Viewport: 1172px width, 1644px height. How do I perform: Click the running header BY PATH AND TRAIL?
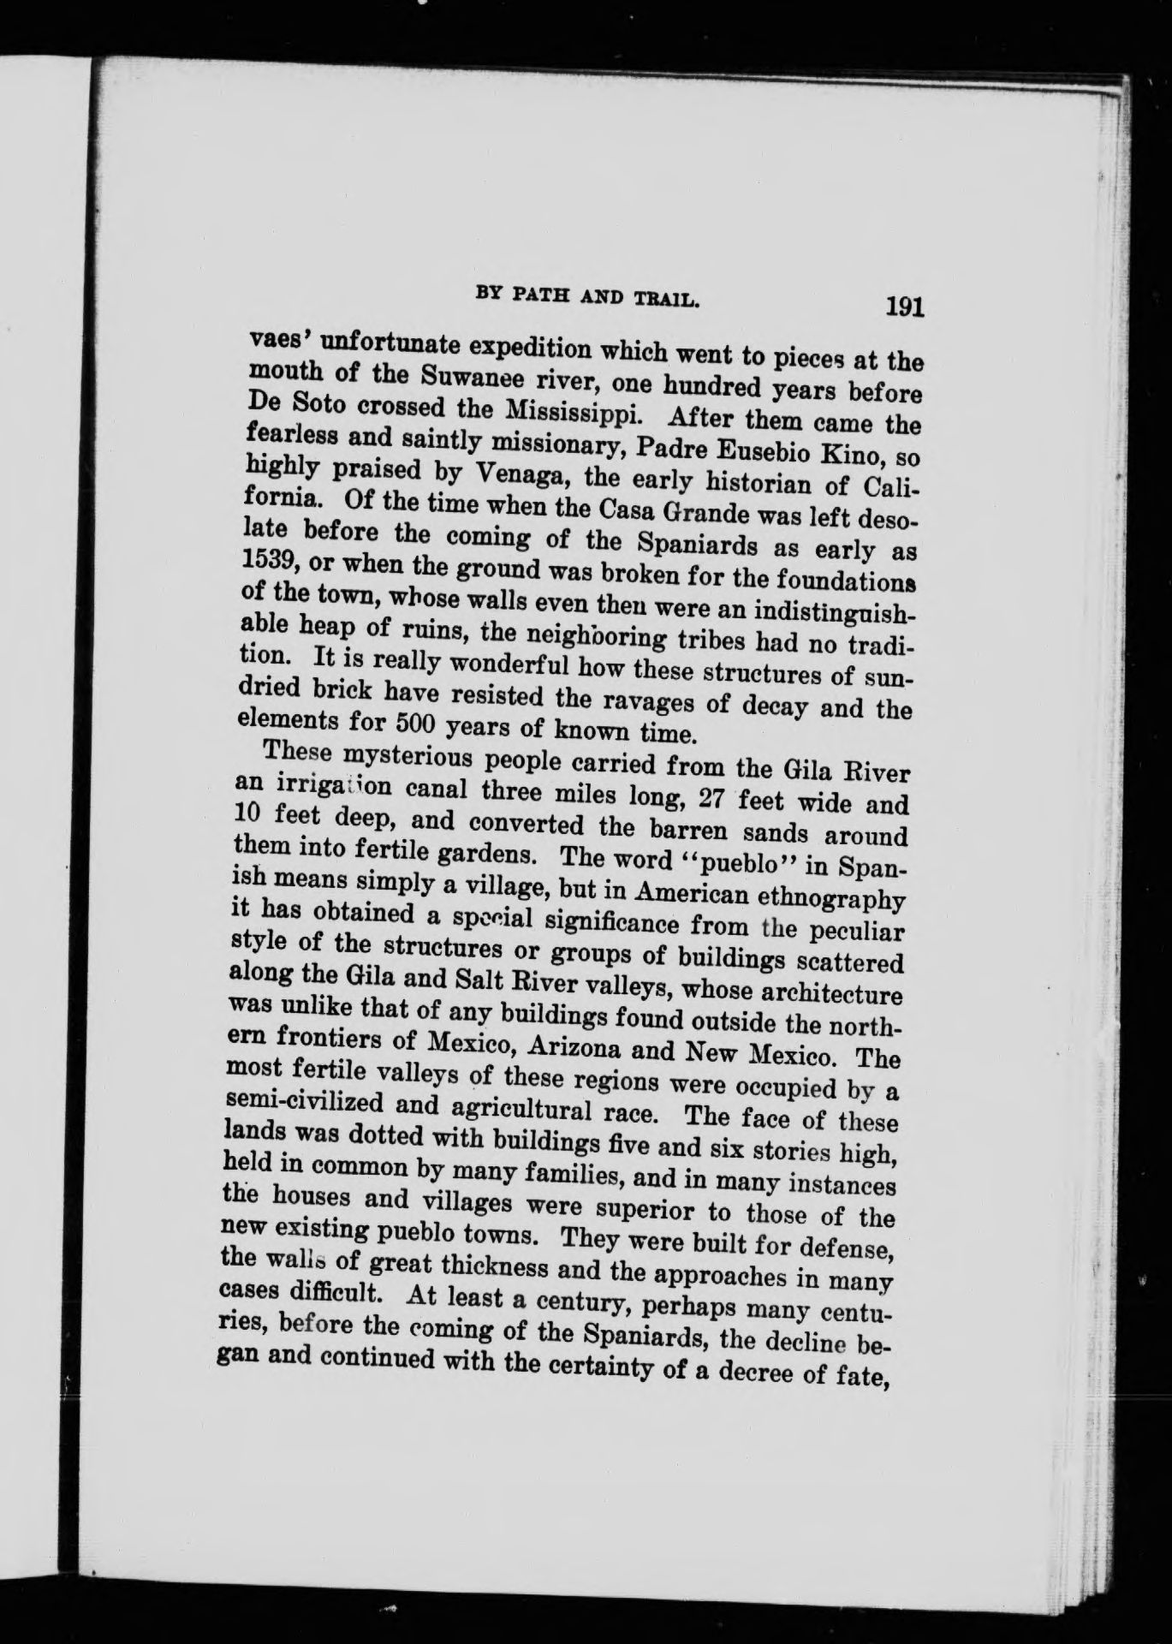click(x=587, y=298)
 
